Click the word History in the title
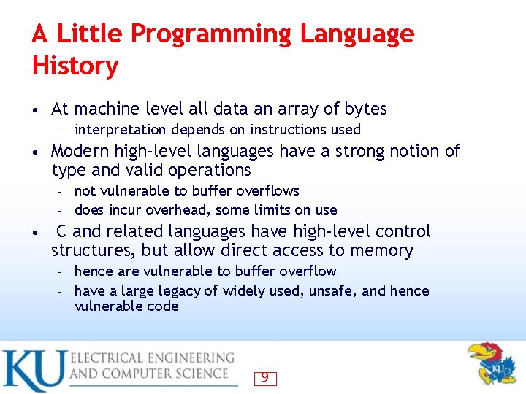(75, 66)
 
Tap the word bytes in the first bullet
(365, 109)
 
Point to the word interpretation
(121, 130)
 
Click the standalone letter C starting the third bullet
(62, 232)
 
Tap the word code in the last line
(164, 306)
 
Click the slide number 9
(264, 377)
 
